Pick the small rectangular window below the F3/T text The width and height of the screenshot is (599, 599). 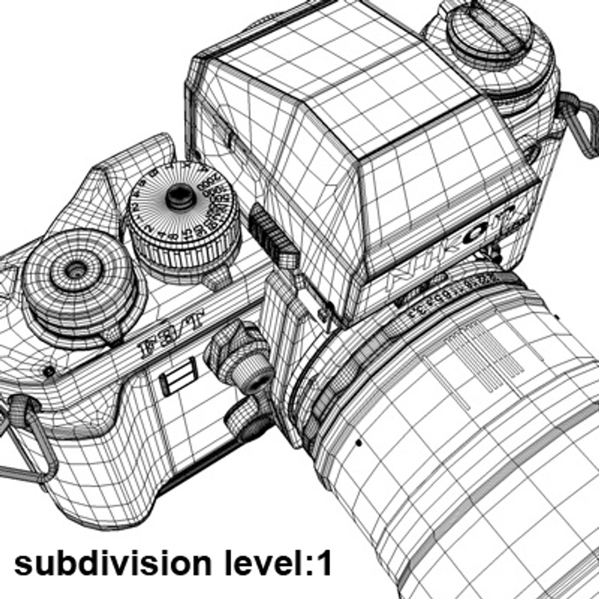(x=178, y=376)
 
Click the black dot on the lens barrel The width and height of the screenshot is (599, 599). (x=358, y=443)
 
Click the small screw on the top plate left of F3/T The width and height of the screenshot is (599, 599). (x=49, y=370)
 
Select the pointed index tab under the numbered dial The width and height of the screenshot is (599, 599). (x=216, y=277)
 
